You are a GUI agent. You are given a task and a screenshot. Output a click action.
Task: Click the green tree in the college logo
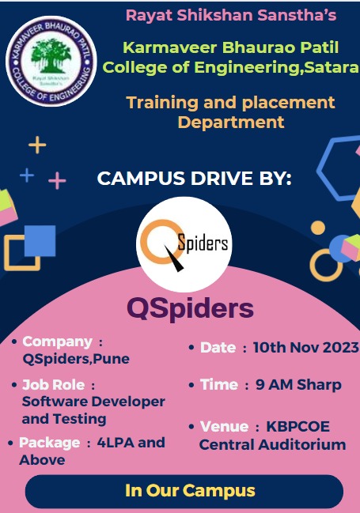point(51,55)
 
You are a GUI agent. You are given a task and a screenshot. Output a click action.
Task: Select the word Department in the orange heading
point(231,123)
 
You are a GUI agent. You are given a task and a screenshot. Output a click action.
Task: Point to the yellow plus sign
point(37,145)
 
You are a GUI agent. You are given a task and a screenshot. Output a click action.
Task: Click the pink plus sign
point(57,180)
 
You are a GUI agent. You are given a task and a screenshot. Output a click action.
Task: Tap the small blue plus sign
point(27,175)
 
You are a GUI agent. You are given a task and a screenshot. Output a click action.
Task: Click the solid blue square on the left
point(40,241)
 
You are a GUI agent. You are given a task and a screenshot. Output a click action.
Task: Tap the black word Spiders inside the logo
point(203,243)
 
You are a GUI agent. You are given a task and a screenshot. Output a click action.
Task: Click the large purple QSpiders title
point(191,309)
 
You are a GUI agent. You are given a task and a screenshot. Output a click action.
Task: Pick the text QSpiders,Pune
point(76,359)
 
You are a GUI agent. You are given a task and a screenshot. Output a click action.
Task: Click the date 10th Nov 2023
point(306,348)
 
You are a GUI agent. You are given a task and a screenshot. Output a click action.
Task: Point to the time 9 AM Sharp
point(298,385)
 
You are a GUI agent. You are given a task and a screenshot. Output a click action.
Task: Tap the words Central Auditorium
point(272,444)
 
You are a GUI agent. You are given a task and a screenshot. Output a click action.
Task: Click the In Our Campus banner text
point(190,491)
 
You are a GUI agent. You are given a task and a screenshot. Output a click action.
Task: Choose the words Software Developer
point(93,402)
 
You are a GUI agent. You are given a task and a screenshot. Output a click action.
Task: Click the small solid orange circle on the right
point(318,228)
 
